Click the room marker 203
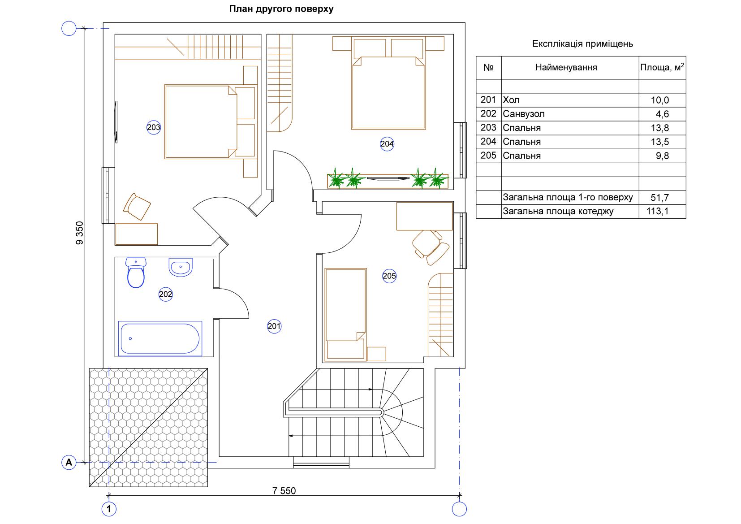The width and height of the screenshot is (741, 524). point(154,127)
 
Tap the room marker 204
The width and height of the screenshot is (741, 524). point(387,143)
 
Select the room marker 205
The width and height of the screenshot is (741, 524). point(389,276)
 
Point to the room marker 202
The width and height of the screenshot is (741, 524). point(165,294)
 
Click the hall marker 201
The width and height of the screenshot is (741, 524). point(274,326)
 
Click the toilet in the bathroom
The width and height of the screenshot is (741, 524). point(136,273)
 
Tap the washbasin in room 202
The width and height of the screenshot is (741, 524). point(181,267)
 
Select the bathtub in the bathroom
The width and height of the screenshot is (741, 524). point(160,338)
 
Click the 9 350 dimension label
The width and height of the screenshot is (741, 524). point(80,233)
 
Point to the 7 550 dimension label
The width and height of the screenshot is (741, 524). point(284,490)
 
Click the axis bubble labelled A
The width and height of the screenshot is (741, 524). point(69,462)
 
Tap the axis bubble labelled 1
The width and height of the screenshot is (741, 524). point(109,509)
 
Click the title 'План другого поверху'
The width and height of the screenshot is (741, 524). point(281,9)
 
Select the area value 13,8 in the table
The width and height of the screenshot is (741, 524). point(659,128)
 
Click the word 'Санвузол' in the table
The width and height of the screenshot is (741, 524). point(523,114)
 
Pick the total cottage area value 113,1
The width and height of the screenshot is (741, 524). point(657,211)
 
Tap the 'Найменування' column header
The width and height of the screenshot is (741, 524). point(566,68)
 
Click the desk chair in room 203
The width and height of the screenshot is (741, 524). point(137,207)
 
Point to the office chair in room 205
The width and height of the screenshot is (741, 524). point(431,247)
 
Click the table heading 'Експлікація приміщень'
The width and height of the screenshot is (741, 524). point(582,43)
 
